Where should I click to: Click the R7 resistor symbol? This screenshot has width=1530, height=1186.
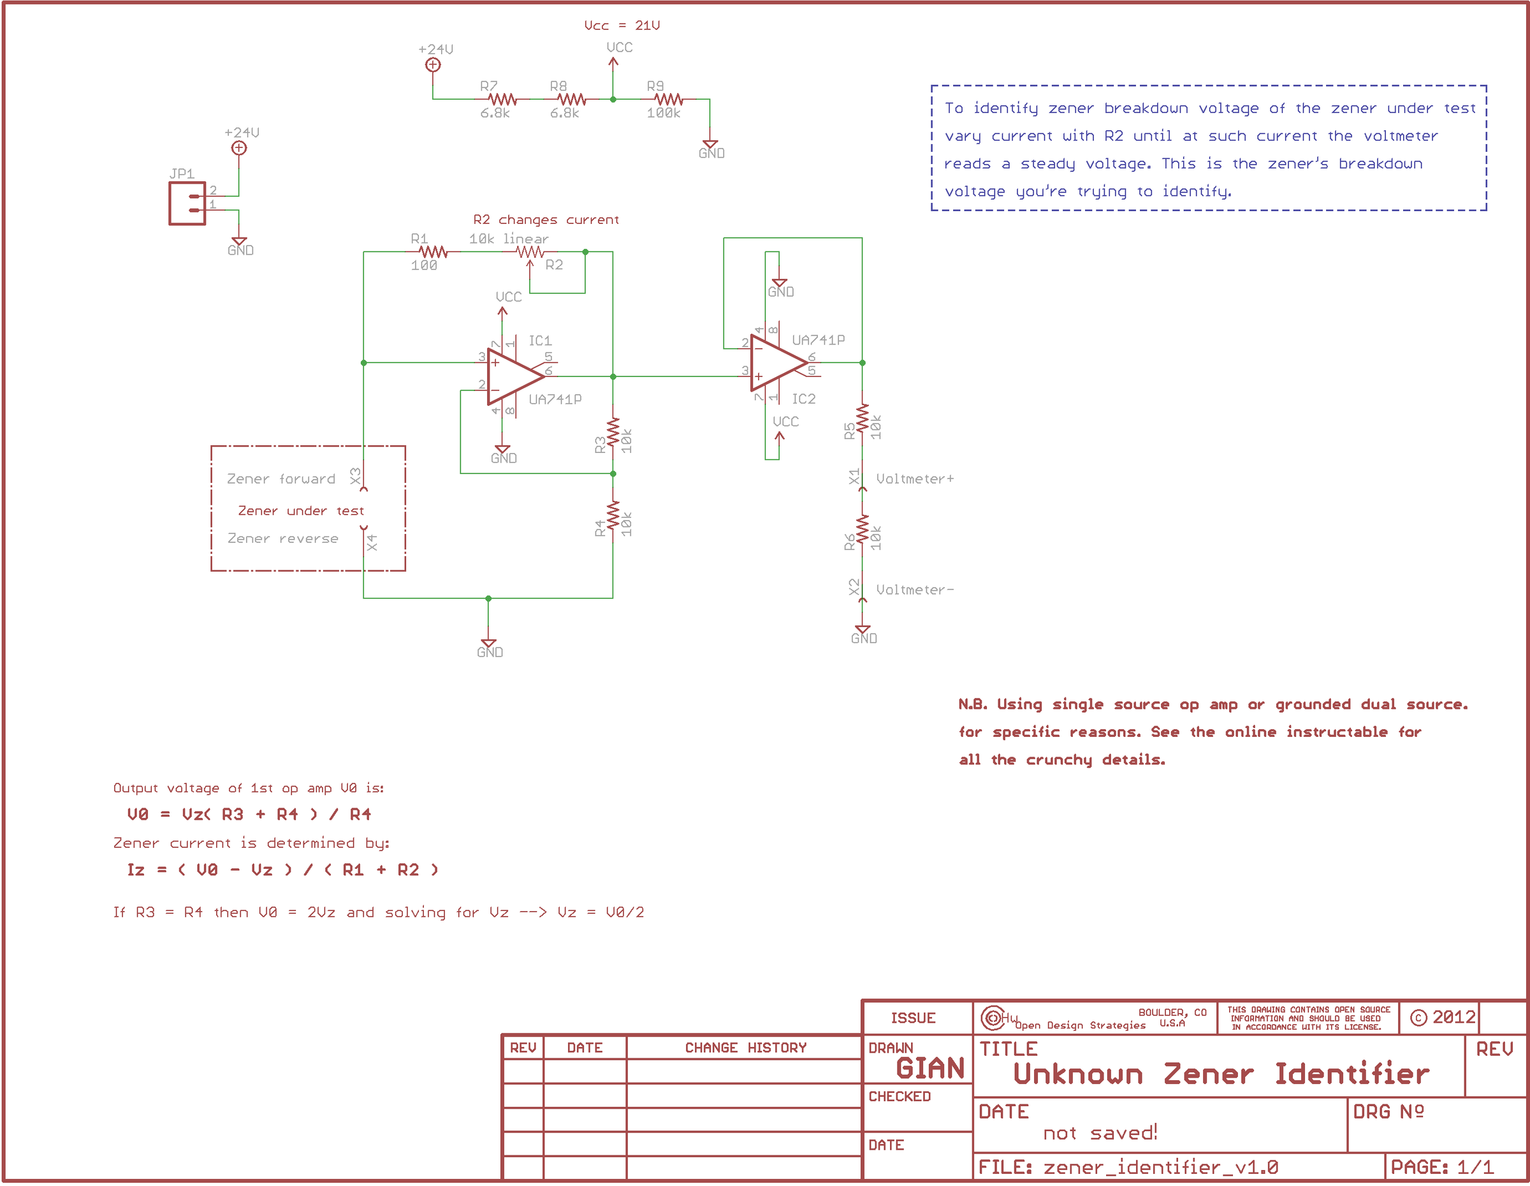pyautogui.click(x=502, y=100)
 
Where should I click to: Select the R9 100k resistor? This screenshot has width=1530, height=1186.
pyautogui.click(x=669, y=100)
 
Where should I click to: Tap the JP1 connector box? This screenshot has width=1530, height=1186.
pyautogui.click(x=187, y=204)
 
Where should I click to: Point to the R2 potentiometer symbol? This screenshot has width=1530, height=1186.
pyautogui.click(x=530, y=253)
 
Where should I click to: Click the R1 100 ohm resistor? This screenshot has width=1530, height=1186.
pyautogui.click(x=433, y=253)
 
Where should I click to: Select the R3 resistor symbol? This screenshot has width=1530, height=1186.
pyautogui.click(x=613, y=433)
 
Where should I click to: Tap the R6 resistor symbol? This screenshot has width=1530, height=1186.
pyautogui.click(x=863, y=530)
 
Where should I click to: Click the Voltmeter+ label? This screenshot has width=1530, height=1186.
pyautogui.click(x=914, y=478)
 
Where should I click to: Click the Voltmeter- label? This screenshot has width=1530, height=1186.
pyautogui.click(x=914, y=590)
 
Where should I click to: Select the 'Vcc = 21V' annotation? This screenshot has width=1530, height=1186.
pyautogui.click(x=622, y=26)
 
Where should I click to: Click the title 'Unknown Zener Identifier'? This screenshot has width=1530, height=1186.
pyautogui.click(x=1220, y=1074)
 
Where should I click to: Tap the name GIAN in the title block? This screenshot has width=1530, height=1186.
pyautogui.click(x=929, y=1068)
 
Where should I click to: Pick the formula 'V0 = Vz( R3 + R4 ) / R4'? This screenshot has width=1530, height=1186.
pyautogui.click(x=249, y=815)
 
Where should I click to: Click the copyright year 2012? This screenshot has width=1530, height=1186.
pyautogui.click(x=1453, y=1017)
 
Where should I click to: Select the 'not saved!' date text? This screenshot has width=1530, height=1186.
pyautogui.click(x=1100, y=1132)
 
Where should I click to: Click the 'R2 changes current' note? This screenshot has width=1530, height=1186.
pyautogui.click(x=546, y=220)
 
